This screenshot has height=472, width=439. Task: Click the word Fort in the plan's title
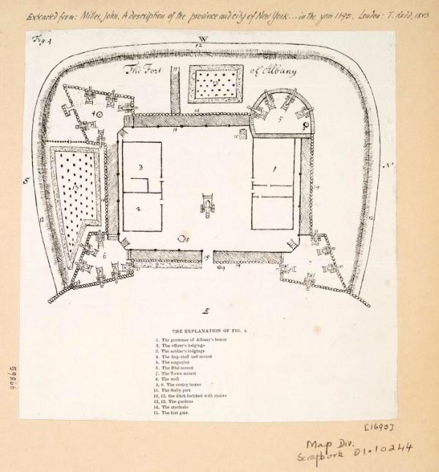155,71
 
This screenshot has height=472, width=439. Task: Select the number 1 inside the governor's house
274,168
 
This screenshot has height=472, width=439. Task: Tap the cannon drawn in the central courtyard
209,205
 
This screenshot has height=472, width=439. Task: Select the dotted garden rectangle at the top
216,84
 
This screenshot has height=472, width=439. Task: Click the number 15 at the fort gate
208,257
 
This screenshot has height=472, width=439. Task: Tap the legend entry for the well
173,383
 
